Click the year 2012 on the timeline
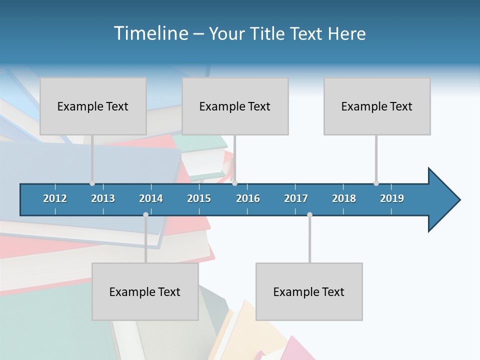(55, 198)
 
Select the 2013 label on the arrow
(103, 198)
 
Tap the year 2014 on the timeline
(151, 198)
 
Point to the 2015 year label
(199, 198)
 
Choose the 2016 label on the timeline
(248, 198)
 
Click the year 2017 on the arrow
(296, 198)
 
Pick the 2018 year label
(344, 198)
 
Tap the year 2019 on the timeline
(392, 198)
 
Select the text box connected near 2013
(93, 106)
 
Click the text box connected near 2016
(235, 106)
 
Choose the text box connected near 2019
(377, 106)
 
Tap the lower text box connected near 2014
(145, 291)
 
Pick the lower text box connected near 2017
(309, 291)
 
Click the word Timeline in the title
(150, 33)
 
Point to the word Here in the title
(346, 33)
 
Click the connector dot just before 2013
(92, 183)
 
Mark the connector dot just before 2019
(376, 183)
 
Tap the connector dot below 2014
(145, 214)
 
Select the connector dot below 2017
(309, 214)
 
